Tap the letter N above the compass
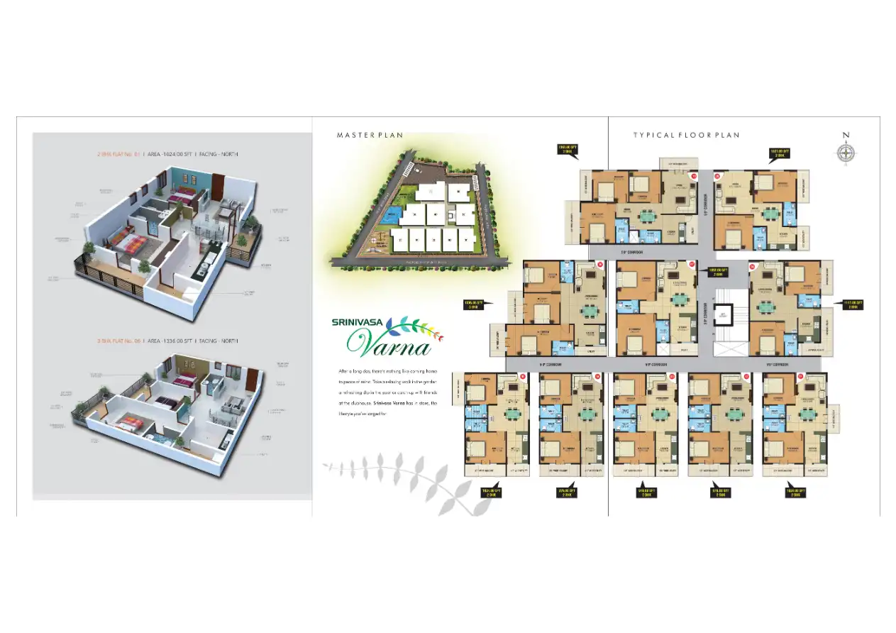pos(845,135)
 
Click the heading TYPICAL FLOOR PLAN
pos(686,135)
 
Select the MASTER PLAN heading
pos(370,135)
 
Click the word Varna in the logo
pos(389,346)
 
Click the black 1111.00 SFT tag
pos(852,305)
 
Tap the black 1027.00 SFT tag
pos(779,152)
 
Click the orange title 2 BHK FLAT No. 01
pos(119,153)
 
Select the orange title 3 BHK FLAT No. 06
pos(119,341)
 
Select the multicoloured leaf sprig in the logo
pos(420,327)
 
